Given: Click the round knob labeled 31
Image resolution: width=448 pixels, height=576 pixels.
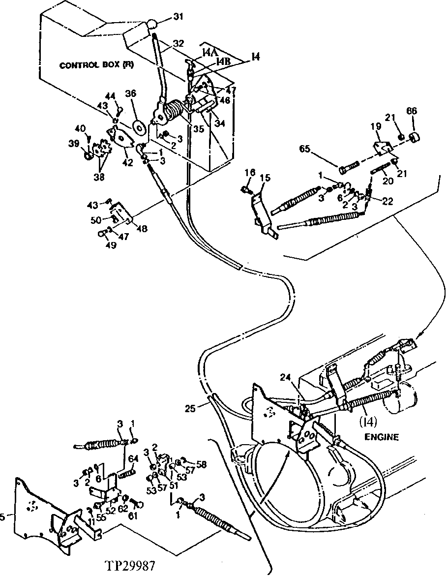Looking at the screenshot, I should pyautogui.click(x=153, y=25).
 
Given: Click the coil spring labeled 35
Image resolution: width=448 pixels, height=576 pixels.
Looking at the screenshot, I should pyautogui.click(x=173, y=113).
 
